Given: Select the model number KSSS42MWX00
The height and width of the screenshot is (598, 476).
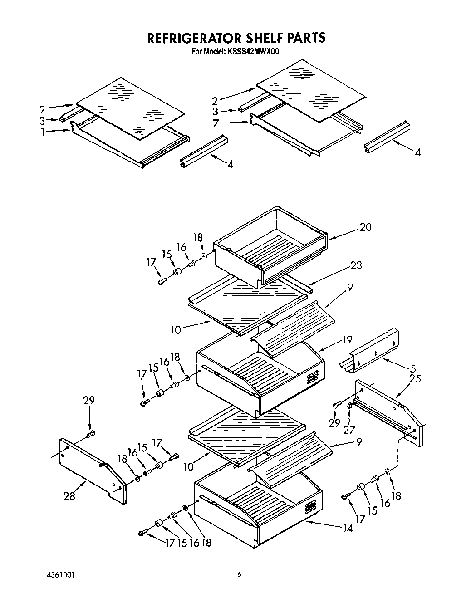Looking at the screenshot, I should coord(253,52).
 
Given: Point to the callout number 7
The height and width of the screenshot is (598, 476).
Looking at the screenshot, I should coord(216,123).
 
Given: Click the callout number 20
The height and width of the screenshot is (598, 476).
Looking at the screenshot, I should coord(365,227).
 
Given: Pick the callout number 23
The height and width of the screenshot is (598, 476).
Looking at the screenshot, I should coord(356,265).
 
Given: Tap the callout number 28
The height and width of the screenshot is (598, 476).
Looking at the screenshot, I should coord(69,496).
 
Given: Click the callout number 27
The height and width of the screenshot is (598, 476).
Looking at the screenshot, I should coord(348,429).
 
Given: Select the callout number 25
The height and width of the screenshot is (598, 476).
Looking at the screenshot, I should coord(415,378).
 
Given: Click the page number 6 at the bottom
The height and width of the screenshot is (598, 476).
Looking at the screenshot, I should coord(239,575).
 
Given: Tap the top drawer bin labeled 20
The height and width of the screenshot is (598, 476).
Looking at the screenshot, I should coord(270,247).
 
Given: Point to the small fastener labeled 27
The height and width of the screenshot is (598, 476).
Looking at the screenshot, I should coord(350,406).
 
